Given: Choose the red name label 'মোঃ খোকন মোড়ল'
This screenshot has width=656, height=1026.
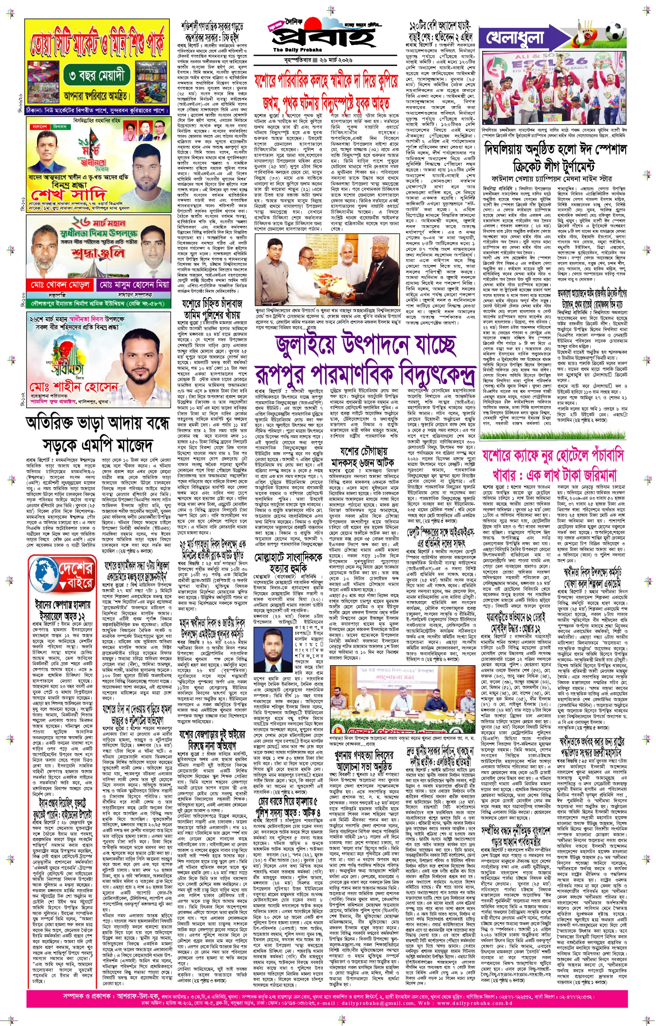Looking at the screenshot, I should coord(59,284).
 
